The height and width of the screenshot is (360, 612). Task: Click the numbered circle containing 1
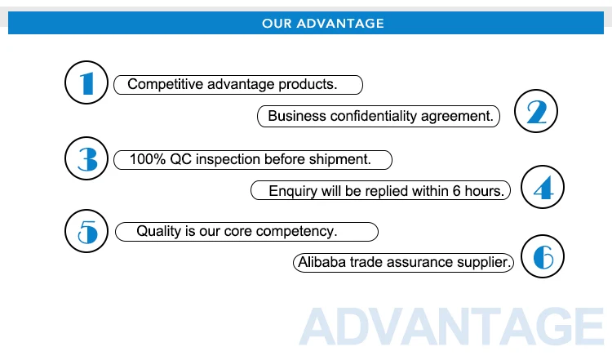[86, 82]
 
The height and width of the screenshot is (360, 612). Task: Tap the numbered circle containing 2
[536, 111]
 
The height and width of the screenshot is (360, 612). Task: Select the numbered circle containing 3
[86, 158]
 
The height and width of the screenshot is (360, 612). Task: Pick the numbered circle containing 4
[543, 187]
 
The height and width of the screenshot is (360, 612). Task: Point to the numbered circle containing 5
[86, 231]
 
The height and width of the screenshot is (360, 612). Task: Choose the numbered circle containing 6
[543, 256]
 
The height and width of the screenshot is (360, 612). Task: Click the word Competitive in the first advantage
[165, 84]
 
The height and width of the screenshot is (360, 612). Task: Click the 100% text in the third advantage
[148, 159]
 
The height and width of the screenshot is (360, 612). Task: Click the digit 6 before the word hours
[456, 191]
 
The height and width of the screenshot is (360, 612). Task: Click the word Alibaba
[322, 262]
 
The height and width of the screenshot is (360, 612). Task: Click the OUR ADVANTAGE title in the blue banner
[323, 24]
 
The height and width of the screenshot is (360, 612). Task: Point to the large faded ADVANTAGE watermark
[451, 327]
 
